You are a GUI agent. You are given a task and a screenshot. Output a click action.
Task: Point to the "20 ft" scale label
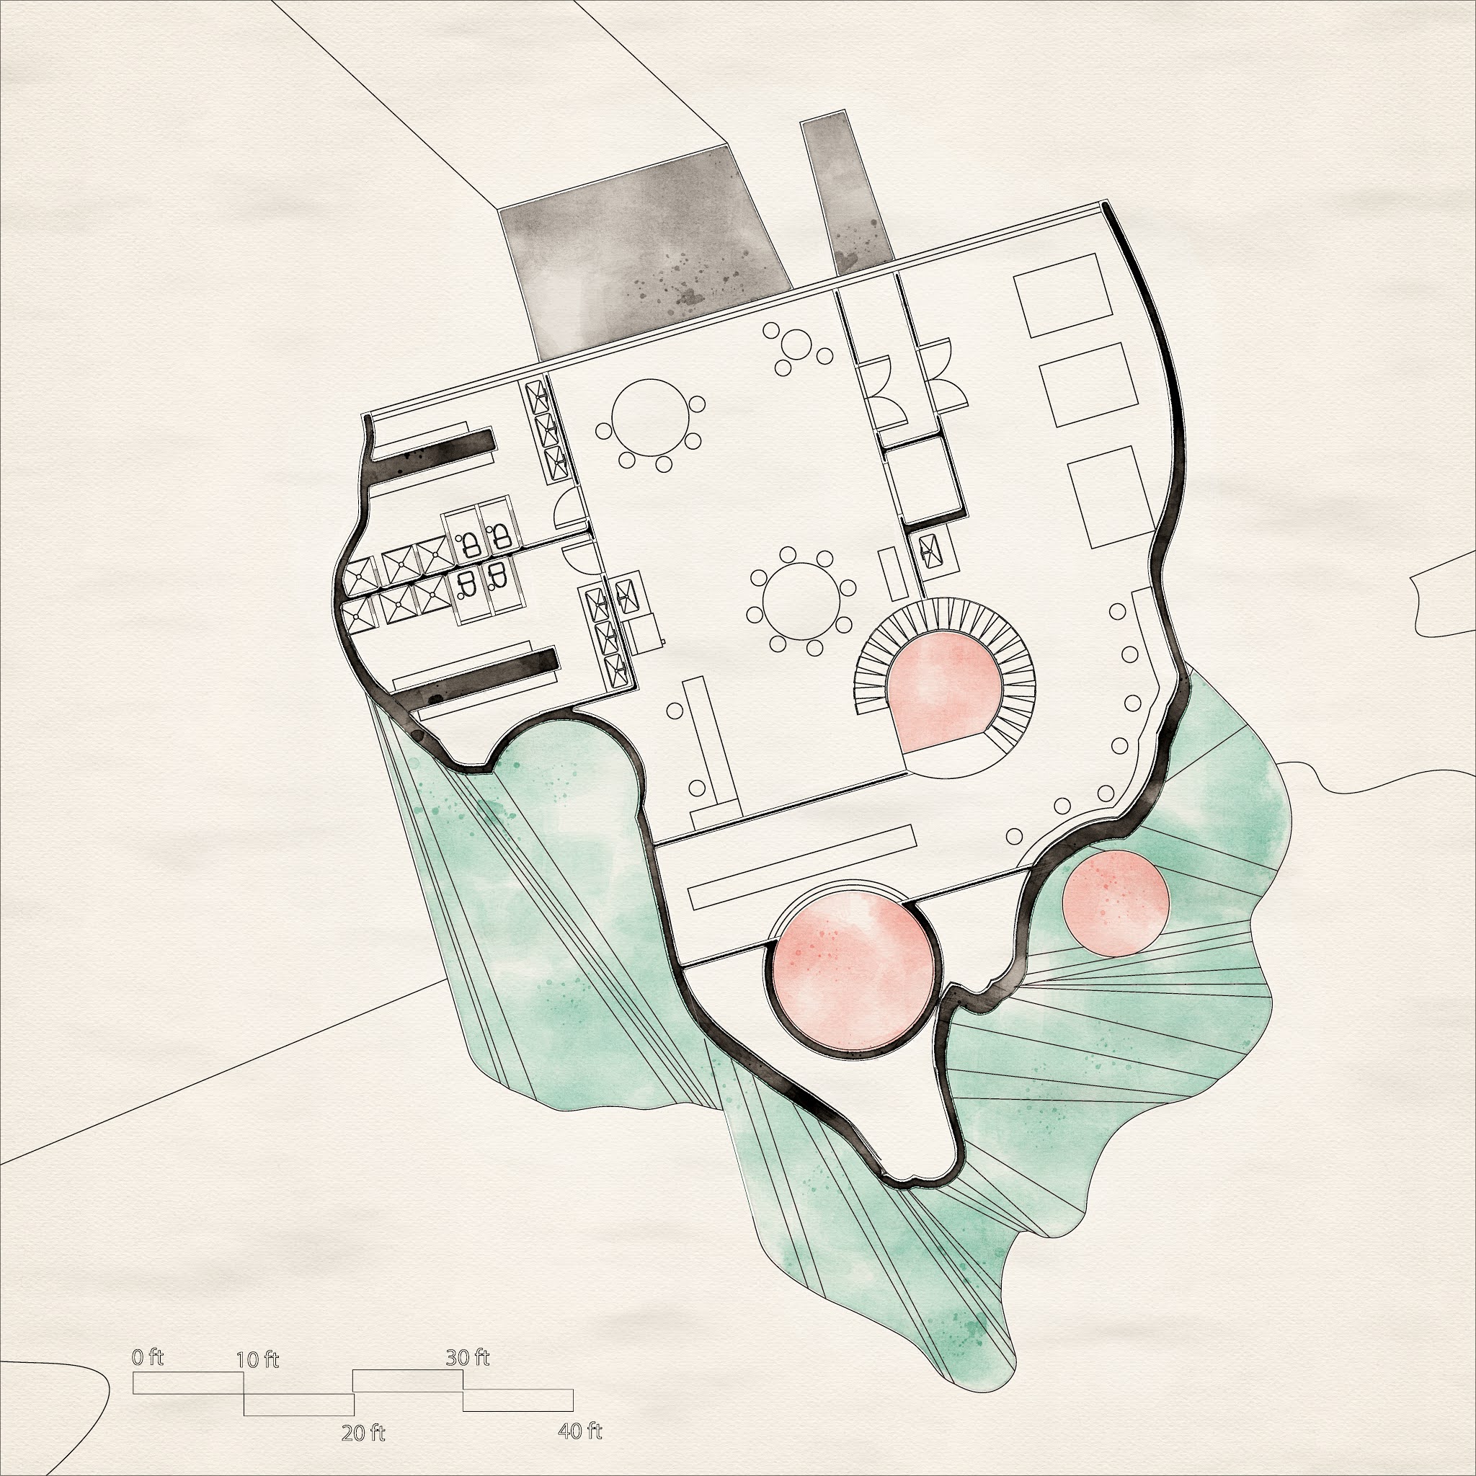coord(363,899)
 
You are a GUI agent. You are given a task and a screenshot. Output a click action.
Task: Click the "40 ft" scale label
coord(581,896)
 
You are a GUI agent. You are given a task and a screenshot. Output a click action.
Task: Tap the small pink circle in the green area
coord(1116,902)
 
